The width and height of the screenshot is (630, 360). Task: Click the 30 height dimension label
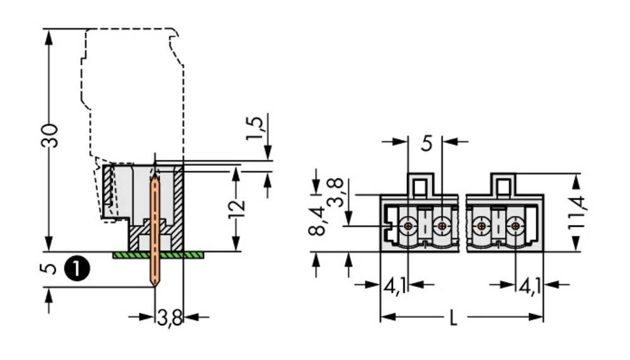[x=49, y=136]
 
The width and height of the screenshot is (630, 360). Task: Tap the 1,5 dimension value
[x=255, y=129]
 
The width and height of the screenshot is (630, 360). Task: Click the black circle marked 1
[x=77, y=269]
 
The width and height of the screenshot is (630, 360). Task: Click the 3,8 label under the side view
[x=169, y=318]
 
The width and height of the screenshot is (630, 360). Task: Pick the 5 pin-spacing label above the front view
[x=427, y=143]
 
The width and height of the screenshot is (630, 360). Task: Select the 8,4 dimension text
[x=317, y=221]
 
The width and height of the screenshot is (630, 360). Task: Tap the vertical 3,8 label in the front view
[x=335, y=192]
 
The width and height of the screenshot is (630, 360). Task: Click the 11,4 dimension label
[x=576, y=212]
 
